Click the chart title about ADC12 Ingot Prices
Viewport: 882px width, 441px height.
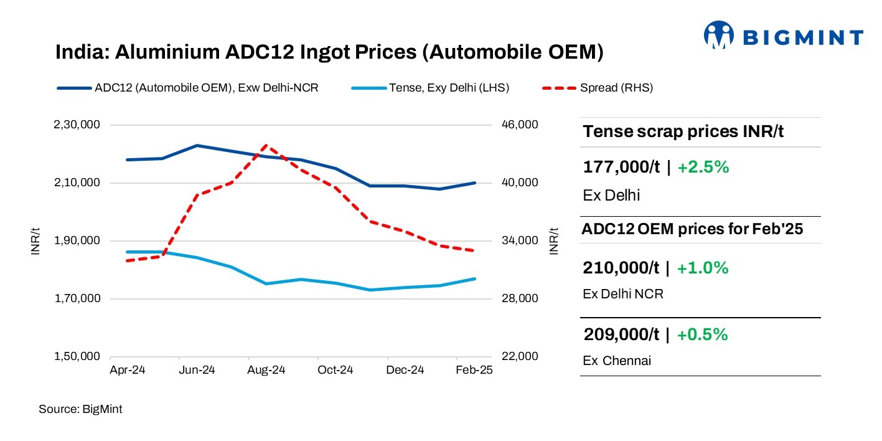click(x=329, y=52)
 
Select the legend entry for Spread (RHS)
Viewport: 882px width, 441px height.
click(x=616, y=88)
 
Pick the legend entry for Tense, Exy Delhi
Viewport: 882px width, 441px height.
click(x=449, y=88)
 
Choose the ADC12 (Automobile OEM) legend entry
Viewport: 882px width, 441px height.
click(x=206, y=88)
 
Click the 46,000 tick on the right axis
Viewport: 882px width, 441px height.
click(x=518, y=125)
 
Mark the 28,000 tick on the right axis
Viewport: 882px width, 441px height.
click(x=518, y=299)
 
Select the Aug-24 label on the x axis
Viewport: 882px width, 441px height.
click(x=266, y=370)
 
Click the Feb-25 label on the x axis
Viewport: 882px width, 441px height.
click(x=474, y=370)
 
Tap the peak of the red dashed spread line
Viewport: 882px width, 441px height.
click(x=266, y=145)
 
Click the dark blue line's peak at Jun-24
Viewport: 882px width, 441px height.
click(x=197, y=146)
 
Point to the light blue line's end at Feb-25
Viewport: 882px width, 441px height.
click(x=475, y=278)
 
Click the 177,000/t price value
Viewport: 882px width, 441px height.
click(x=621, y=168)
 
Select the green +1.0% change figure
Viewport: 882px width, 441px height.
click(x=702, y=268)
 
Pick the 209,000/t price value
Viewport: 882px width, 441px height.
click(x=621, y=334)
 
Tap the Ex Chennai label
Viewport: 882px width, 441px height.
click(x=616, y=361)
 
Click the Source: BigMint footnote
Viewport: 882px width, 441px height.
click(x=80, y=409)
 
